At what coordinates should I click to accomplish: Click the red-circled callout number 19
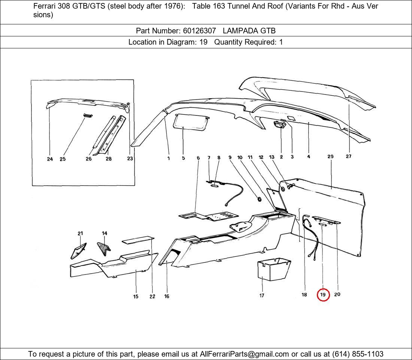[323, 295]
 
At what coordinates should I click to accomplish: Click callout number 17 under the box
[262, 295]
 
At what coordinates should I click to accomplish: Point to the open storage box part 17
[272, 268]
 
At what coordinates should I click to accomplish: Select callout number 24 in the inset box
[50, 159]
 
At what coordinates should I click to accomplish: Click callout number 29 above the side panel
[330, 157]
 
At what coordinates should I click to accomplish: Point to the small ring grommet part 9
[259, 198]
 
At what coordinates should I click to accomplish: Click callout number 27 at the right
[348, 156]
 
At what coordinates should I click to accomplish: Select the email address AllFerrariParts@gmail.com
[244, 354]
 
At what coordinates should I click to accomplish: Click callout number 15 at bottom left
[136, 297]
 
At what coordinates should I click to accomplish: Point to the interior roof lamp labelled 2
[279, 124]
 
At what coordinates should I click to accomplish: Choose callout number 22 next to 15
[152, 297]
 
